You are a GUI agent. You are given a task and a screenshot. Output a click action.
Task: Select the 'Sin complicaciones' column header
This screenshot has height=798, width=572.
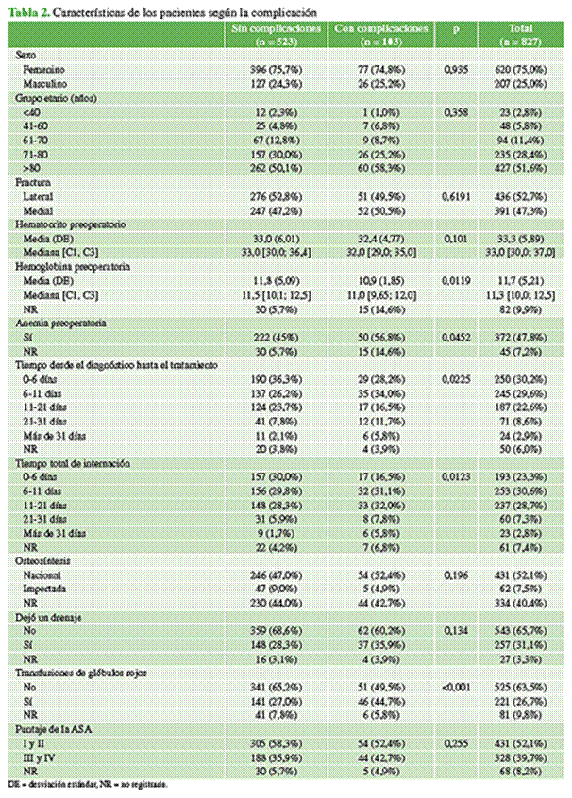tap(277, 34)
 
